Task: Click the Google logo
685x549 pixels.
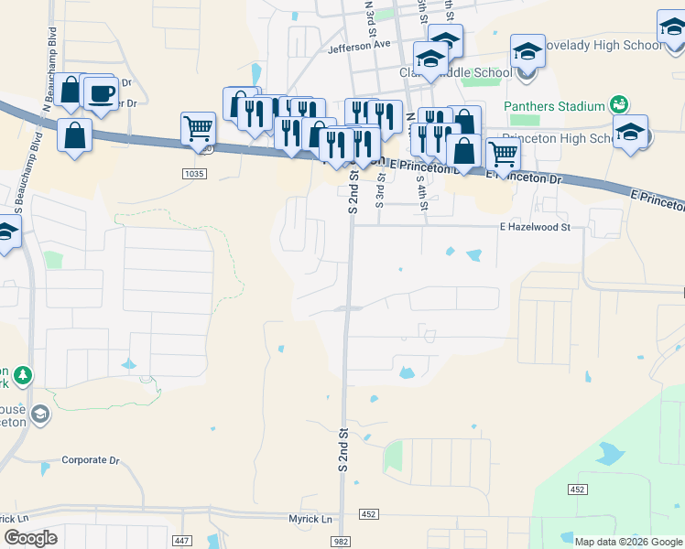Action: tap(30, 538)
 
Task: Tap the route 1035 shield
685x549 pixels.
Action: tap(193, 173)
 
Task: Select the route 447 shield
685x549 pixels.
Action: tap(180, 542)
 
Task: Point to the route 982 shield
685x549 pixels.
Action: tap(342, 542)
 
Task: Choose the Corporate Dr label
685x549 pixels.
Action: tap(91, 460)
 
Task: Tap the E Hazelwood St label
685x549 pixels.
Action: tap(535, 227)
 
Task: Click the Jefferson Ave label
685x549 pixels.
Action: tap(359, 44)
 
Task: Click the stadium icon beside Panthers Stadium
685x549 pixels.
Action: tap(619, 105)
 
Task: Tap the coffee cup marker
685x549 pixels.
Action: tap(101, 92)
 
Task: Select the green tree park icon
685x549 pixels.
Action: tap(23, 374)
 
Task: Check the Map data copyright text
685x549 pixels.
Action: tap(627, 542)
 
